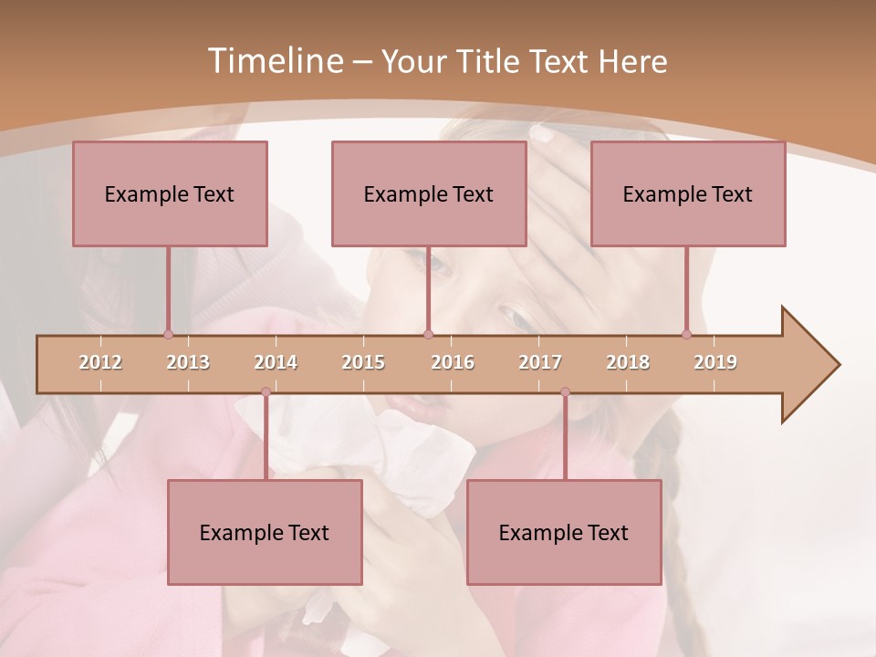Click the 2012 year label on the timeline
click(100, 362)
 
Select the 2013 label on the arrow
click(188, 362)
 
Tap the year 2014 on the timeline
click(276, 362)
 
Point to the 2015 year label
click(363, 362)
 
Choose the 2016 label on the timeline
click(453, 362)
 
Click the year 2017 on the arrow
click(540, 362)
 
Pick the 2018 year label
click(628, 362)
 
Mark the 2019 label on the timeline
click(715, 362)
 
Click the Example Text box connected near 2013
click(170, 193)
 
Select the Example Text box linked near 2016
click(429, 193)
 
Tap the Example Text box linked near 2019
click(688, 193)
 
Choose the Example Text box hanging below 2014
click(265, 532)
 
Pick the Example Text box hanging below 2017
click(564, 532)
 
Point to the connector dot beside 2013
click(168, 334)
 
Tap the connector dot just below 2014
click(266, 391)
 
